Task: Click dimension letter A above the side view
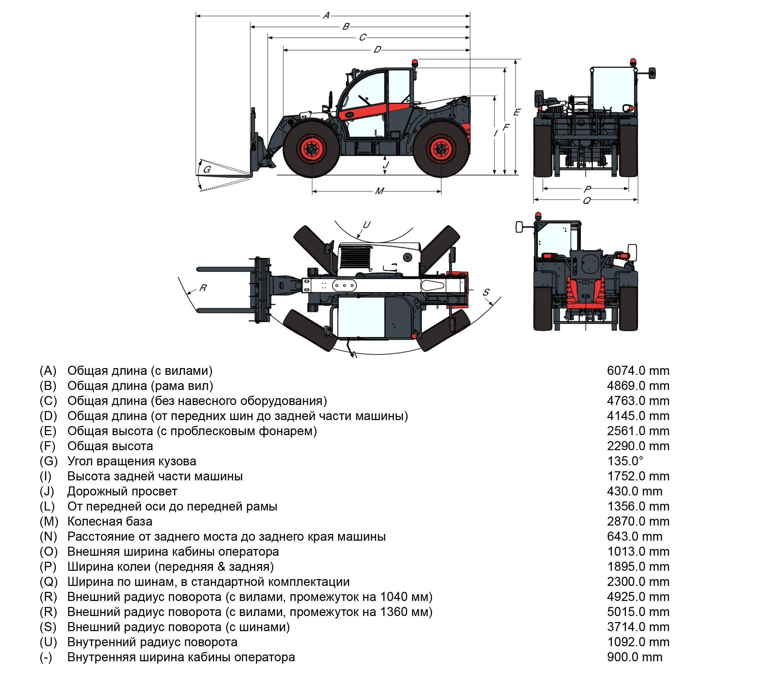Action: point(326,16)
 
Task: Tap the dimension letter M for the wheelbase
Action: point(379,191)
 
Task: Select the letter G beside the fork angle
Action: point(207,169)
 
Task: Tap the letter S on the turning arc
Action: point(486,292)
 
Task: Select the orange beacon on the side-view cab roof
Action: point(415,63)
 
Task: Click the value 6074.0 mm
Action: point(638,370)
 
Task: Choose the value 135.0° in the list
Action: point(625,461)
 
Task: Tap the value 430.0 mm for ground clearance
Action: point(634,491)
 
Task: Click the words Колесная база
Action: point(110,522)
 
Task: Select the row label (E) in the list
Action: point(48,431)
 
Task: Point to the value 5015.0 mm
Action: point(638,612)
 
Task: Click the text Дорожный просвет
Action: point(122,491)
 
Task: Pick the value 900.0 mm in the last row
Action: point(634,657)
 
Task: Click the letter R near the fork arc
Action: point(203,288)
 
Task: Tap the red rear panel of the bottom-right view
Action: point(585,293)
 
